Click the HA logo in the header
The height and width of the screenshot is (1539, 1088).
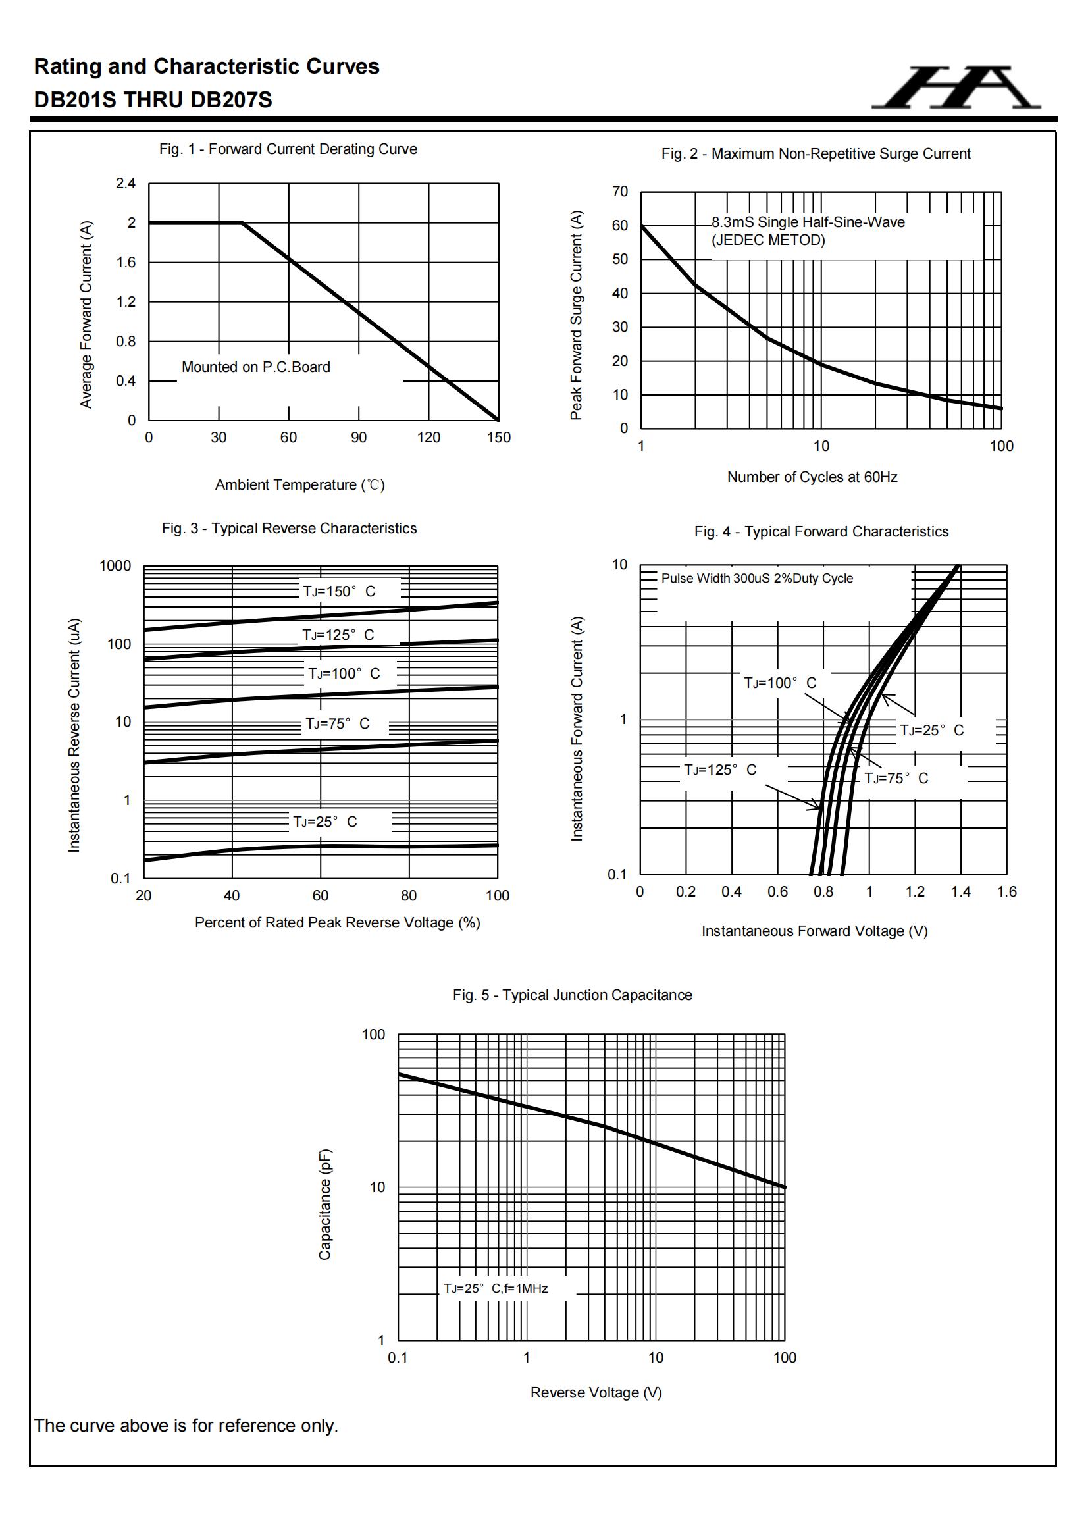pyautogui.click(x=956, y=88)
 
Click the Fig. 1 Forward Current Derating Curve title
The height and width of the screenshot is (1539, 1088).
pyautogui.click(x=288, y=149)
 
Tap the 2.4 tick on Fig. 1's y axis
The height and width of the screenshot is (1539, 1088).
pyautogui.click(x=125, y=184)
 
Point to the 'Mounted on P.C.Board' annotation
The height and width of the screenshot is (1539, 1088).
pyautogui.click(x=255, y=367)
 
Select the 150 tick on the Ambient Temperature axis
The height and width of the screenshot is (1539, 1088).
pyautogui.click(x=498, y=438)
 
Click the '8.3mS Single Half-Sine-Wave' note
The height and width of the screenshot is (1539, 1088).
pyautogui.click(x=808, y=222)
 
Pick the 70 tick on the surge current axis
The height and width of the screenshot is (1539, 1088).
pyautogui.click(x=620, y=192)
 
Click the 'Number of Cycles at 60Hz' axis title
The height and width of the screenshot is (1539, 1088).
pyautogui.click(x=812, y=477)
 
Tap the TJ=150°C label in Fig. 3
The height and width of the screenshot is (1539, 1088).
pyautogui.click(x=339, y=591)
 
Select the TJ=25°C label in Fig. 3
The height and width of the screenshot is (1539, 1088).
pyautogui.click(x=325, y=822)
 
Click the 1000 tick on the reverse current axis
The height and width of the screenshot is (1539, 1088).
pyautogui.click(x=115, y=566)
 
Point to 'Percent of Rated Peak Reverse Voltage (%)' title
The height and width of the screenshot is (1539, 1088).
pyautogui.click(x=337, y=923)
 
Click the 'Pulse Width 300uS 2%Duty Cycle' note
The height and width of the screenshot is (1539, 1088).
pyautogui.click(x=757, y=579)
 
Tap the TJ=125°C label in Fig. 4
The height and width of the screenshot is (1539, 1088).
pyautogui.click(x=720, y=770)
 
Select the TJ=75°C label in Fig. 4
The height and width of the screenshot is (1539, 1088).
pyautogui.click(x=896, y=779)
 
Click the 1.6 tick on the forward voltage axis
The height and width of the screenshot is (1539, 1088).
pyautogui.click(x=1006, y=892)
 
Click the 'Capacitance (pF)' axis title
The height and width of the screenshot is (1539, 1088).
pyautogui.click(x=324, y=1205)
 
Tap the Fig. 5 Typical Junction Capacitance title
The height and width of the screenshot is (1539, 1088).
pyautogui.click(x=572, y=995)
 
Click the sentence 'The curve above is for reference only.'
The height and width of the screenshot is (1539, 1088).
pyautogui.click(x=186, y=1426)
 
